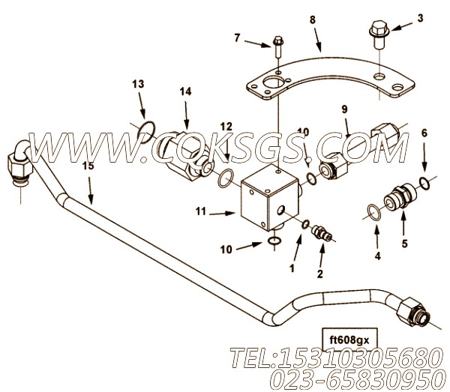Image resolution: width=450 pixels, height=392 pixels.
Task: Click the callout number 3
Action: (x=420, y=18)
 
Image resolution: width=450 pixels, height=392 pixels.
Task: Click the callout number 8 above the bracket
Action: (x=313, y=19)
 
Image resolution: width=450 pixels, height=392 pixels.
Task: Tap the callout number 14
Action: (x=185, y=91)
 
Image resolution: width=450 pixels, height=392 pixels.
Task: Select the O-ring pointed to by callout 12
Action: (x=226, y=178)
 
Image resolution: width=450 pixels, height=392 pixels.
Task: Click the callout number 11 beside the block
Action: (x=201, y=211)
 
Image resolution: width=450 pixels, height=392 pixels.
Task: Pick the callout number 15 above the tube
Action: (x=88, y=166)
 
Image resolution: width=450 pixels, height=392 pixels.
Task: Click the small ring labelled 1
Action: (x=305, y=225)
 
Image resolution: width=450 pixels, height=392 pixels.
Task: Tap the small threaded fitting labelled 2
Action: (x=322, y=232)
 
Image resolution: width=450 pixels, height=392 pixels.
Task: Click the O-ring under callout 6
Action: (x=424, y=184)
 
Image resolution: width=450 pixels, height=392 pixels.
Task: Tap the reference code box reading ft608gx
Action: (x=349, y=340)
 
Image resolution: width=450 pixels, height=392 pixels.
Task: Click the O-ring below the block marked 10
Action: (x=274, y=241)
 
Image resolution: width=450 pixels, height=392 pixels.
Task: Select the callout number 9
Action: (x=344, y=109)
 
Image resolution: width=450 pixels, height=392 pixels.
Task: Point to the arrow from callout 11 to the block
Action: (x=223, y=214)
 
